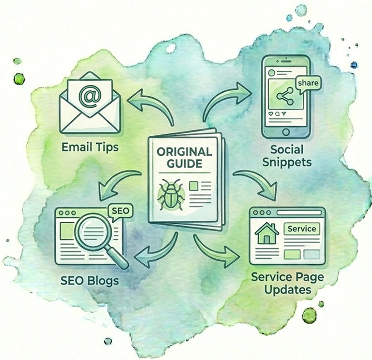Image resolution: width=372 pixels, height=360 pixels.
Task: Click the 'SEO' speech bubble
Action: [119, 212]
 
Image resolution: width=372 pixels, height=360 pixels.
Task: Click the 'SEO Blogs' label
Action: [88, 282]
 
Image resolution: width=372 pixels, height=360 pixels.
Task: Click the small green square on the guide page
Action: [193, 186]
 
